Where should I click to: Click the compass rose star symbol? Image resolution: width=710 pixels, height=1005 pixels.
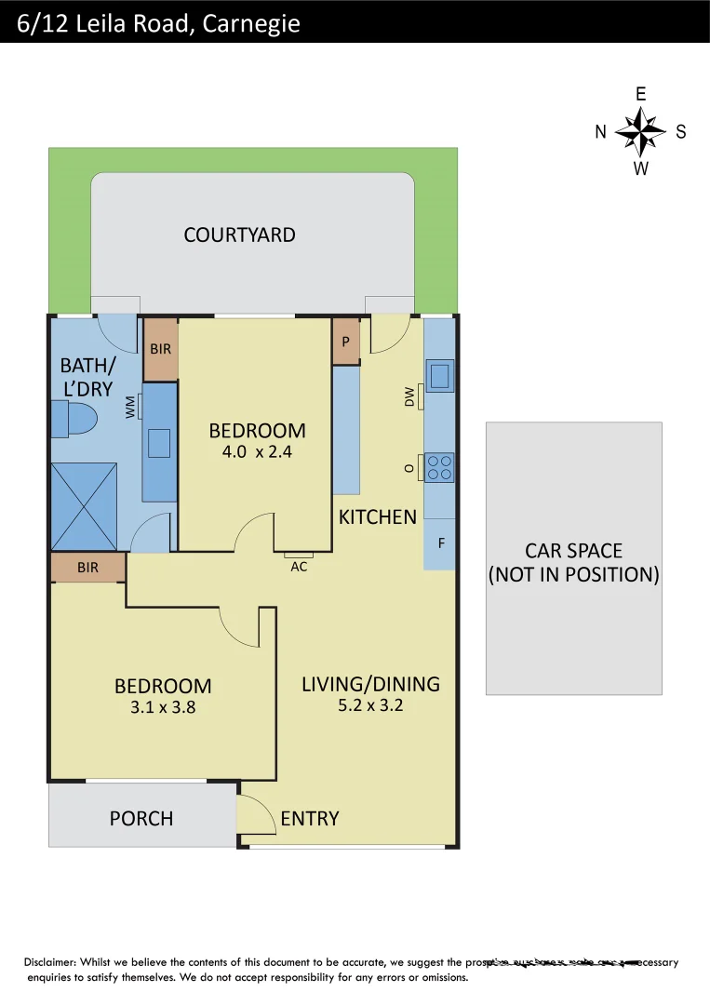coord(640,131)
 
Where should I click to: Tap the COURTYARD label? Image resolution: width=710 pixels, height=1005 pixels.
coord(239,234)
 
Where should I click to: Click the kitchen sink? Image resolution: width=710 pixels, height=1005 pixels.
coord(439,375)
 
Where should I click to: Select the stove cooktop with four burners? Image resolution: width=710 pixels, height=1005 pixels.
coord(439,467)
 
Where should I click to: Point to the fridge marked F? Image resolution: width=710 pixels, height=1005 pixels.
coord(440,543)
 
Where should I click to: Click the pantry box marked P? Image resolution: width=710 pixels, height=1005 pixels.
coord(345,342)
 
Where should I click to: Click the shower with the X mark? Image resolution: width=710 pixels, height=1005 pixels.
coord(84,506)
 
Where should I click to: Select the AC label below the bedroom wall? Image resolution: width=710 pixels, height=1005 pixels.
coord(299,566)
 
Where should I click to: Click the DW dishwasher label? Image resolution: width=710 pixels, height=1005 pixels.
coord(409,398)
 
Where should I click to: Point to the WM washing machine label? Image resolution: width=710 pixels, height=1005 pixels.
coord(130,407)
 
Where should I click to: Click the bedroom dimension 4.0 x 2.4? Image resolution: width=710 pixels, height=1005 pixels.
coord(257,452)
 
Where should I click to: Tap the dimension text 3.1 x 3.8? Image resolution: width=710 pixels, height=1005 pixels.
coord(163,707)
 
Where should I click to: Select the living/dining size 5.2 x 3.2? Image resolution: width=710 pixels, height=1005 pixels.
coord(370,705)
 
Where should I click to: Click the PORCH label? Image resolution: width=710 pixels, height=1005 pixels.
coord(141,818)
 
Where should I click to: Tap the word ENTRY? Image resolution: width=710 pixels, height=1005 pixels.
coord(310,818)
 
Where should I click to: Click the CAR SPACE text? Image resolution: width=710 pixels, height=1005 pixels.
coord(573,551)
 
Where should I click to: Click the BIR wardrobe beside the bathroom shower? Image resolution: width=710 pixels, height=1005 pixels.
coord(87,567)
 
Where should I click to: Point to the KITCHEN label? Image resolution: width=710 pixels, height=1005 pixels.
coord(377,516)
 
